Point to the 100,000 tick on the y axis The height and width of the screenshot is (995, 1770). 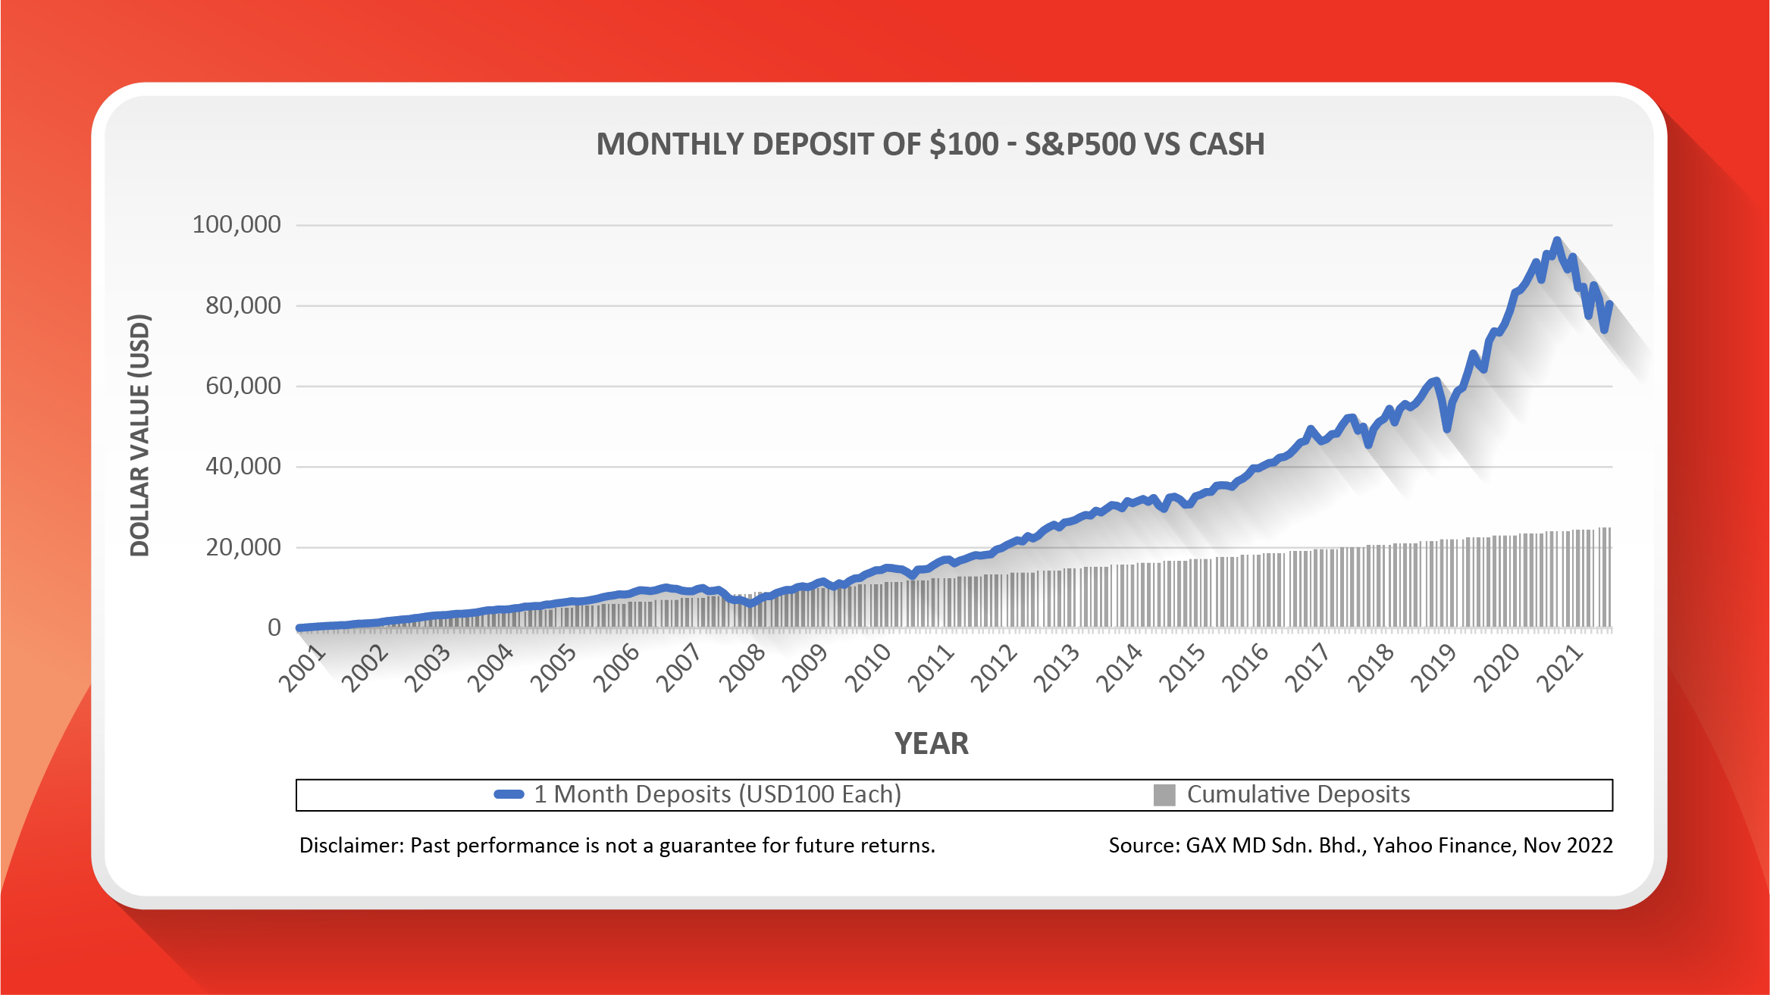point(237,224)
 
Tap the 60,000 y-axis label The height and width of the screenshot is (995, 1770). point(243,386)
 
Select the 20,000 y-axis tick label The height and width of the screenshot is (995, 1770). point(243,547)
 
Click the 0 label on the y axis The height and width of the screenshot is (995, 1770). point(274,627)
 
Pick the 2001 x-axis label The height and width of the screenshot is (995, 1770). point(302,668)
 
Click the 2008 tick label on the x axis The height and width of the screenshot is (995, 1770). point(742,668)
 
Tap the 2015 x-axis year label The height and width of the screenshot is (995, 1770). point(1182,668)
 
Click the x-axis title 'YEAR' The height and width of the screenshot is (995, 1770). point(932,743)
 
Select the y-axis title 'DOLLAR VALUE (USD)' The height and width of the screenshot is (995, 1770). point(140,435)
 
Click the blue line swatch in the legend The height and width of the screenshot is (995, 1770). point(509,794)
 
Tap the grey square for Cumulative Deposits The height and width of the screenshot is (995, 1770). point(1164,795)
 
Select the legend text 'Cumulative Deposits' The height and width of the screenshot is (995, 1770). point(1298,794)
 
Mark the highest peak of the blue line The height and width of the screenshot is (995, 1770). point(1557,241)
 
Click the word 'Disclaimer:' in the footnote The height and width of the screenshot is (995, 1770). point(351,846)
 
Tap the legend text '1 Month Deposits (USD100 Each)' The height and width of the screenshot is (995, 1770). point(717,794)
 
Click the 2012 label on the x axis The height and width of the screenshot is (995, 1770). point(994,668)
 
